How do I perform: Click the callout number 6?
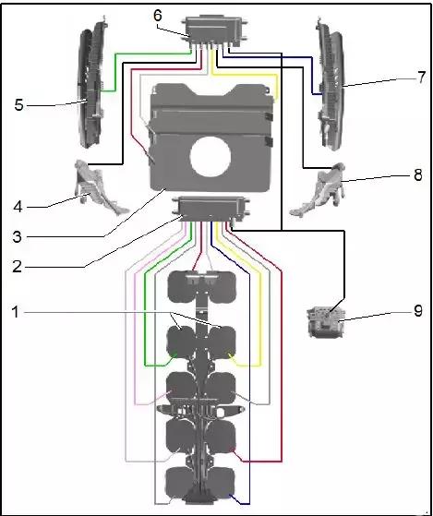click(x=158, y=17)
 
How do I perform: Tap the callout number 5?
click(x=19, y=105)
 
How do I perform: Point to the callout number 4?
click(x=18, y=207)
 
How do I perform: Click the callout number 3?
click(x=18, y=236)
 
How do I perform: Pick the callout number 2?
click(x=18, y=266)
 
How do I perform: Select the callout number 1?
click(x=16, y=312)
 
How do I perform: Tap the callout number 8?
click(x=417, y=175)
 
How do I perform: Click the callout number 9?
click(x=418, y=311)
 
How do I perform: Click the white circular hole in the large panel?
click(x=210, y=156)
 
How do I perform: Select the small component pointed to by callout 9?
click(x=326, y=321)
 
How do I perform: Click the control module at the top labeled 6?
click(x=214, y=32)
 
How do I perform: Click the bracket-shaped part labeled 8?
click(x=318, y=189)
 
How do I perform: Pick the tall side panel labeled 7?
click(x=330, y=85)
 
